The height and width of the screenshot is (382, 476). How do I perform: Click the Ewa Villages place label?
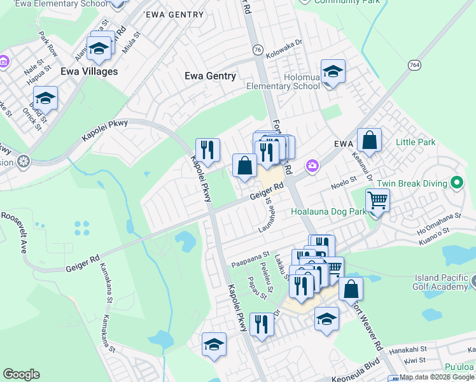[x=89, y=71]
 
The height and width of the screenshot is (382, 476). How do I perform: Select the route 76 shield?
[x=257, y=49]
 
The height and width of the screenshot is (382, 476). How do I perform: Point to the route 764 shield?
[x=414, y=65]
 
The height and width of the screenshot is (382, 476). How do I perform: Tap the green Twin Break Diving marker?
[x=456, y=183]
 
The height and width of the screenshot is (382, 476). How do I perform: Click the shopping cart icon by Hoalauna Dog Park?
[x=377, y=201]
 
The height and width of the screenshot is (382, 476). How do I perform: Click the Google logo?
[x=21, y=374]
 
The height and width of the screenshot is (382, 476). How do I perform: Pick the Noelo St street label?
[x=344, y=181]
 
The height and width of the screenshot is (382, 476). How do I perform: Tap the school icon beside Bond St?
[x=45, y=98]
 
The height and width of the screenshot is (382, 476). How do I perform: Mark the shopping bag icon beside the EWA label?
[x=369, y=139]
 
